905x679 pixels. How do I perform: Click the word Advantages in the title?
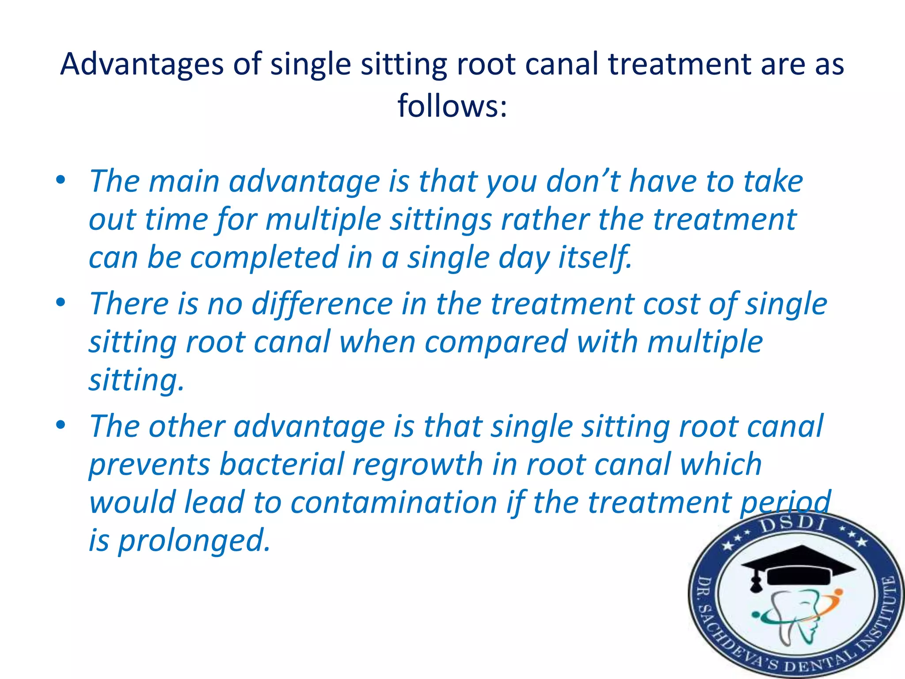(142, 64)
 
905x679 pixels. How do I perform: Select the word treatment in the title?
(680, 64)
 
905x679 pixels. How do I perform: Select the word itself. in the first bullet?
(595, 257)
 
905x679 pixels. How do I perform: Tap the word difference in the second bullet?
(322, 304)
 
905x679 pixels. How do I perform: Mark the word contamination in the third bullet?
(394, 503)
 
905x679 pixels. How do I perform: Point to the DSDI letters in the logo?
(793, 525)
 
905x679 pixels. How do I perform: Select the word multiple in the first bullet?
(323, 219)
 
